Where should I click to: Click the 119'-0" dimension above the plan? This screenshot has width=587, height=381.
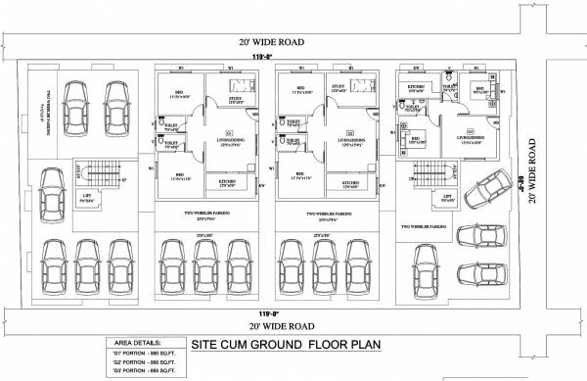tap(260, 59)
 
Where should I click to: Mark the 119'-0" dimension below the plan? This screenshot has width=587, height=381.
tap(262, 313)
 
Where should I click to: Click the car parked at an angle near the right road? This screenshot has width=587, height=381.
tap(485, 208)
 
